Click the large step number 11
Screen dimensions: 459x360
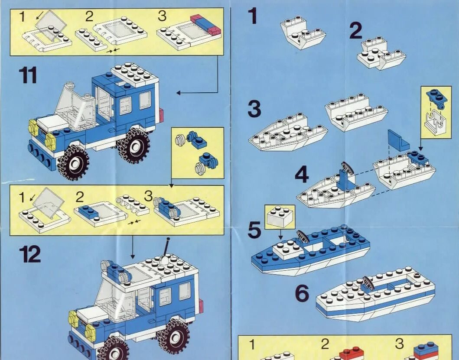[28, 75]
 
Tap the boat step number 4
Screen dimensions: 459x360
[302, 175]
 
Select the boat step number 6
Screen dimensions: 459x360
[302, 293]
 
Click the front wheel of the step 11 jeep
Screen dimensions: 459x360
[73, 163]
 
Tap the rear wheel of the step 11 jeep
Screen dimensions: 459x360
[134, 146]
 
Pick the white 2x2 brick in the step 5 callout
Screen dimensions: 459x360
[280, 216]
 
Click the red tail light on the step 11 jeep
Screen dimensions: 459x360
[161, 116]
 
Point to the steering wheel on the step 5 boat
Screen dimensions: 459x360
[303, 236]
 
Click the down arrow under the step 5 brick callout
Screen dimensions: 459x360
[281, 234]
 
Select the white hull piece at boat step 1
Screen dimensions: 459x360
[303, 32]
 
